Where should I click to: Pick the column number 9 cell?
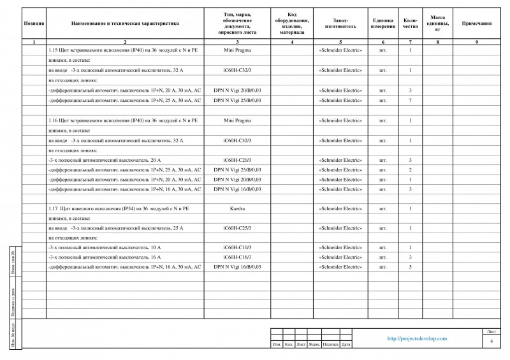(x=476, y=42)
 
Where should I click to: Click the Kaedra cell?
(x=237, y=208)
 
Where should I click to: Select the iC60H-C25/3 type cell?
(x=237, y=227)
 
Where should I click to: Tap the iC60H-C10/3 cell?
(x=237, y=247)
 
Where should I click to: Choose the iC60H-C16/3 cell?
(x=237, y=257)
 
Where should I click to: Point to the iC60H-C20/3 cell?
(x=237, y=160)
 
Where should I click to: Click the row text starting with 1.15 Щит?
(x=123, y=50)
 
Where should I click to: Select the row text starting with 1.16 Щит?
(x=123, y=120)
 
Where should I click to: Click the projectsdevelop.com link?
(x=417, y=339)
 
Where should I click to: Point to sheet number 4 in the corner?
(x=492, y=342)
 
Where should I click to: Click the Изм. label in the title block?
(x=277, y=345)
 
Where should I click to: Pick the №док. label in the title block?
(x=314, y=345)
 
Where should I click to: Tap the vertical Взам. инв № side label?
(x=14, y=261)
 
